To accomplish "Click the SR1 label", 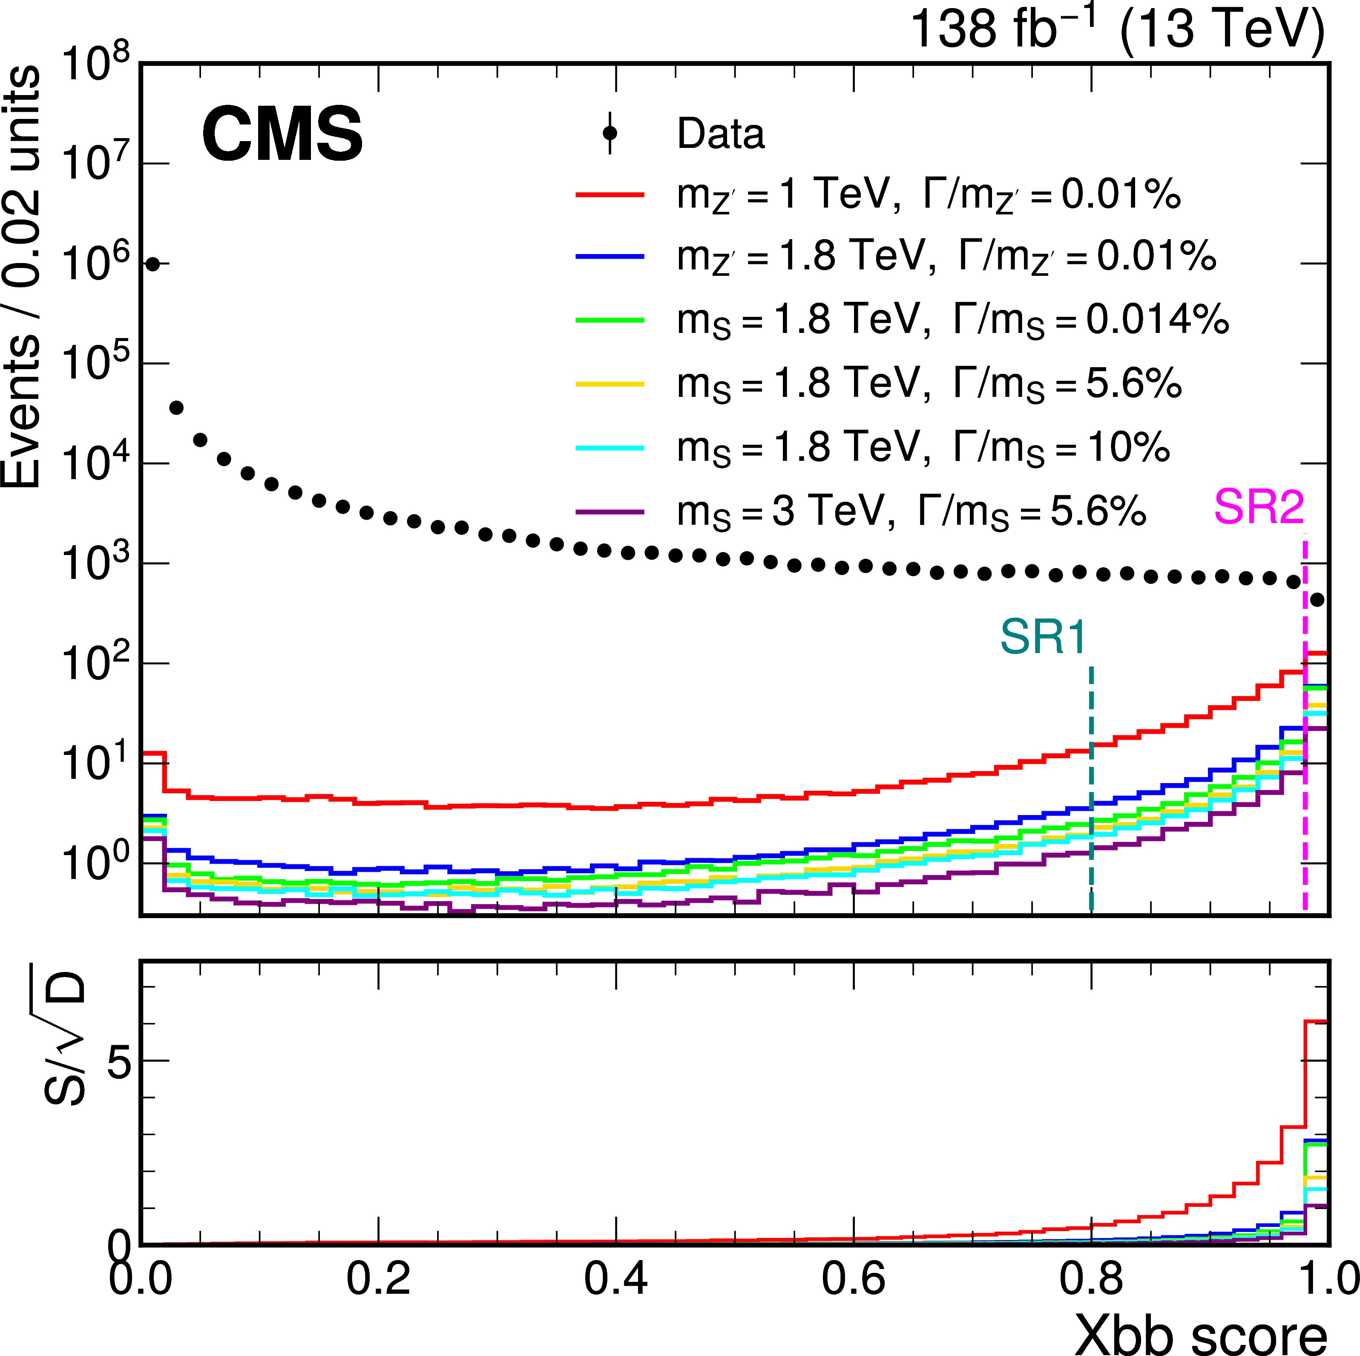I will coord(1043,637).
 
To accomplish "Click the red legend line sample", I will coord(610,194).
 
